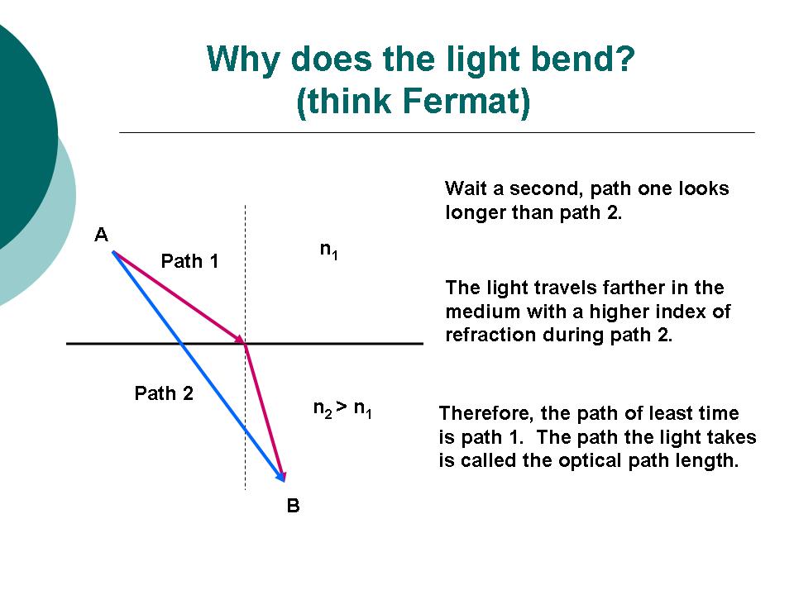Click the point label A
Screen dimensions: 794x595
pos(101,235)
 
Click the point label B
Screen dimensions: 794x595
pos(293,506)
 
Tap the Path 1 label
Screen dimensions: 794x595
pos(189,261)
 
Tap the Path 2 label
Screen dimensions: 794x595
pos(164,393)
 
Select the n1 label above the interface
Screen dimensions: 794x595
pos(329,250)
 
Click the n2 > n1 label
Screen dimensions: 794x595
pos(342,409)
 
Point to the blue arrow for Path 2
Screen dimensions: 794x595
pos(198,366)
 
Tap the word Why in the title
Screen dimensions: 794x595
pos(243,60)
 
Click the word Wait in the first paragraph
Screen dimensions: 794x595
pos(466,188)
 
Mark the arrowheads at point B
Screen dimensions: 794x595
pos(281,476)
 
